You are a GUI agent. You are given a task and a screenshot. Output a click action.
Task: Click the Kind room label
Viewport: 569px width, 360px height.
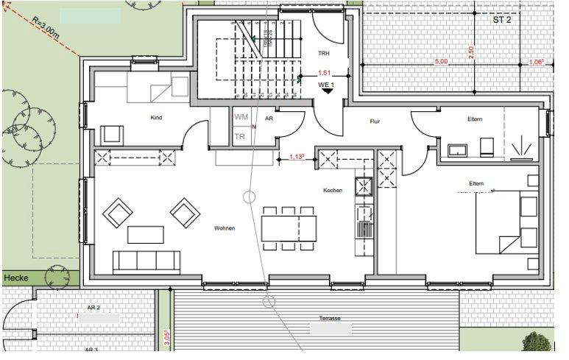(x=156, y=118)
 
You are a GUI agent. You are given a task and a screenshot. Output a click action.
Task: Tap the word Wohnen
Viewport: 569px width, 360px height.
(x=225, y=228)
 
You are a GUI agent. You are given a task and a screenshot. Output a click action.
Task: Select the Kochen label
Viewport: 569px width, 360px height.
(x=333, y=191)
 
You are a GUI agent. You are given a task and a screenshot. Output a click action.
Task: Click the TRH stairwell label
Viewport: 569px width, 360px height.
(x=323, y=54)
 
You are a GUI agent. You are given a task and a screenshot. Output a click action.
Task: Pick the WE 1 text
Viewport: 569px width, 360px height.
(x=326, y=85)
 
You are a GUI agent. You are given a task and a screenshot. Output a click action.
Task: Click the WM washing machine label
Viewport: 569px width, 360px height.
(x=241, y=117)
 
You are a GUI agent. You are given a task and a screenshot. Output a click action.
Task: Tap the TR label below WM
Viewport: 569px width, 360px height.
(x=239, y=136)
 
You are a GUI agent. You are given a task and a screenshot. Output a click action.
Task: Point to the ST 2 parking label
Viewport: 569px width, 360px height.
(x=503, y=20)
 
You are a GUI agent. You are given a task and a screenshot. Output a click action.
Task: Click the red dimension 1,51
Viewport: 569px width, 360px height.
(x=324, y=73)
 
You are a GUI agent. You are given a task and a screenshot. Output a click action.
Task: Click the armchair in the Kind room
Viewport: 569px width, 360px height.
(x=112, y=135)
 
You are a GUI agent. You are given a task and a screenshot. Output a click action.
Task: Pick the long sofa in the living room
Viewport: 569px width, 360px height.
(x=146, y=261)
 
